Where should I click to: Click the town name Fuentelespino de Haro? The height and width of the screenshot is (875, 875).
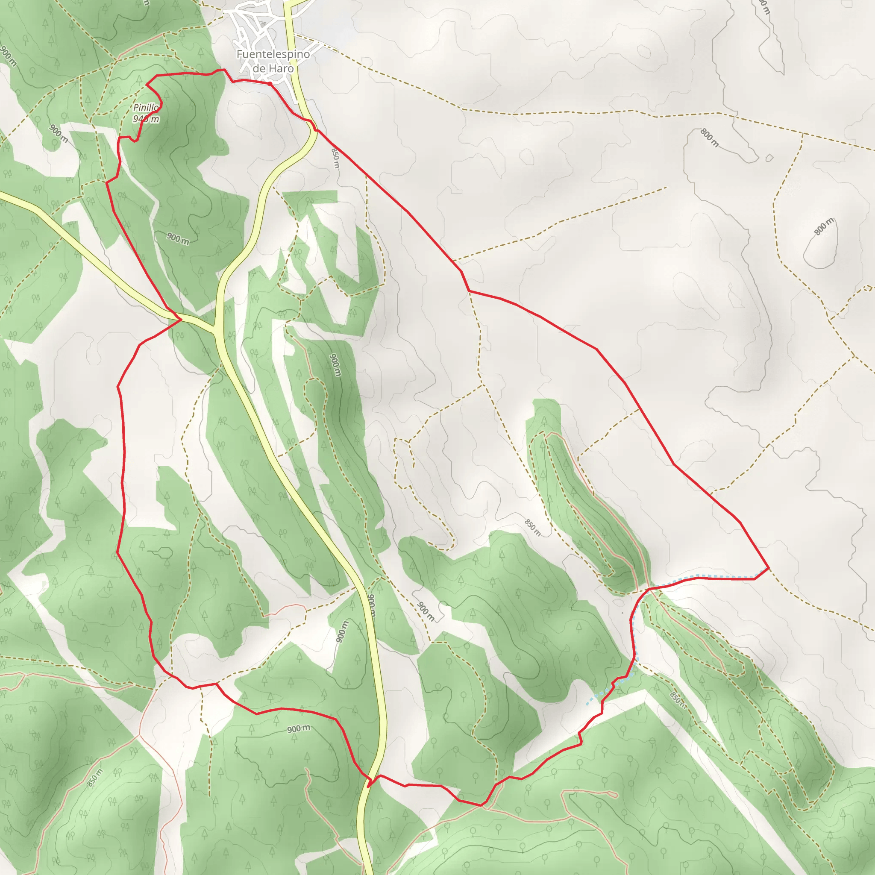tap(273, 61)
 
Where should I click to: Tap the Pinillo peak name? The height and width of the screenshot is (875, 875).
tap(146, 108)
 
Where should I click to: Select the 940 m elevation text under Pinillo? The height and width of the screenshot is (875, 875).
tap(146, 119)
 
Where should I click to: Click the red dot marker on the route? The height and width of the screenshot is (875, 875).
tap(270, 84)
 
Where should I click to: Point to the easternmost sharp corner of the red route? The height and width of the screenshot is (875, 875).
tap(769, 567)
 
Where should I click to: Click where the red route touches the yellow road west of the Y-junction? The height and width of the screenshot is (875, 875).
tap(180, 320)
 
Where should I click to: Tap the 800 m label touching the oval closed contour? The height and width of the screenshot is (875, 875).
tap(824, 226)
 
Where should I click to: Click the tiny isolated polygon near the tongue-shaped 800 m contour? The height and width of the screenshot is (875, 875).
tap(769, 158)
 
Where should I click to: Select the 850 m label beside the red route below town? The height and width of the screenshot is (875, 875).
tap(335, 158)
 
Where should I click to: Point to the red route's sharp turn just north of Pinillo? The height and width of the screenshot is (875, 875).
tap(147, 84)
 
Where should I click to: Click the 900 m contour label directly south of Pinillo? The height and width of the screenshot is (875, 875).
tap(178, 238)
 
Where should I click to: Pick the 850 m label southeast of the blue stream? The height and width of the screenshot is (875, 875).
tap(678, 699)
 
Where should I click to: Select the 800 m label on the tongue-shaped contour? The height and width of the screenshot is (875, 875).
tap(709, 138)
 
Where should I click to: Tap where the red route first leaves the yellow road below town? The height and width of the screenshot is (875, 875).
tap(317, 130)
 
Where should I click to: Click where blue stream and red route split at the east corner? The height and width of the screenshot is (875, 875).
tap(755, 578)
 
